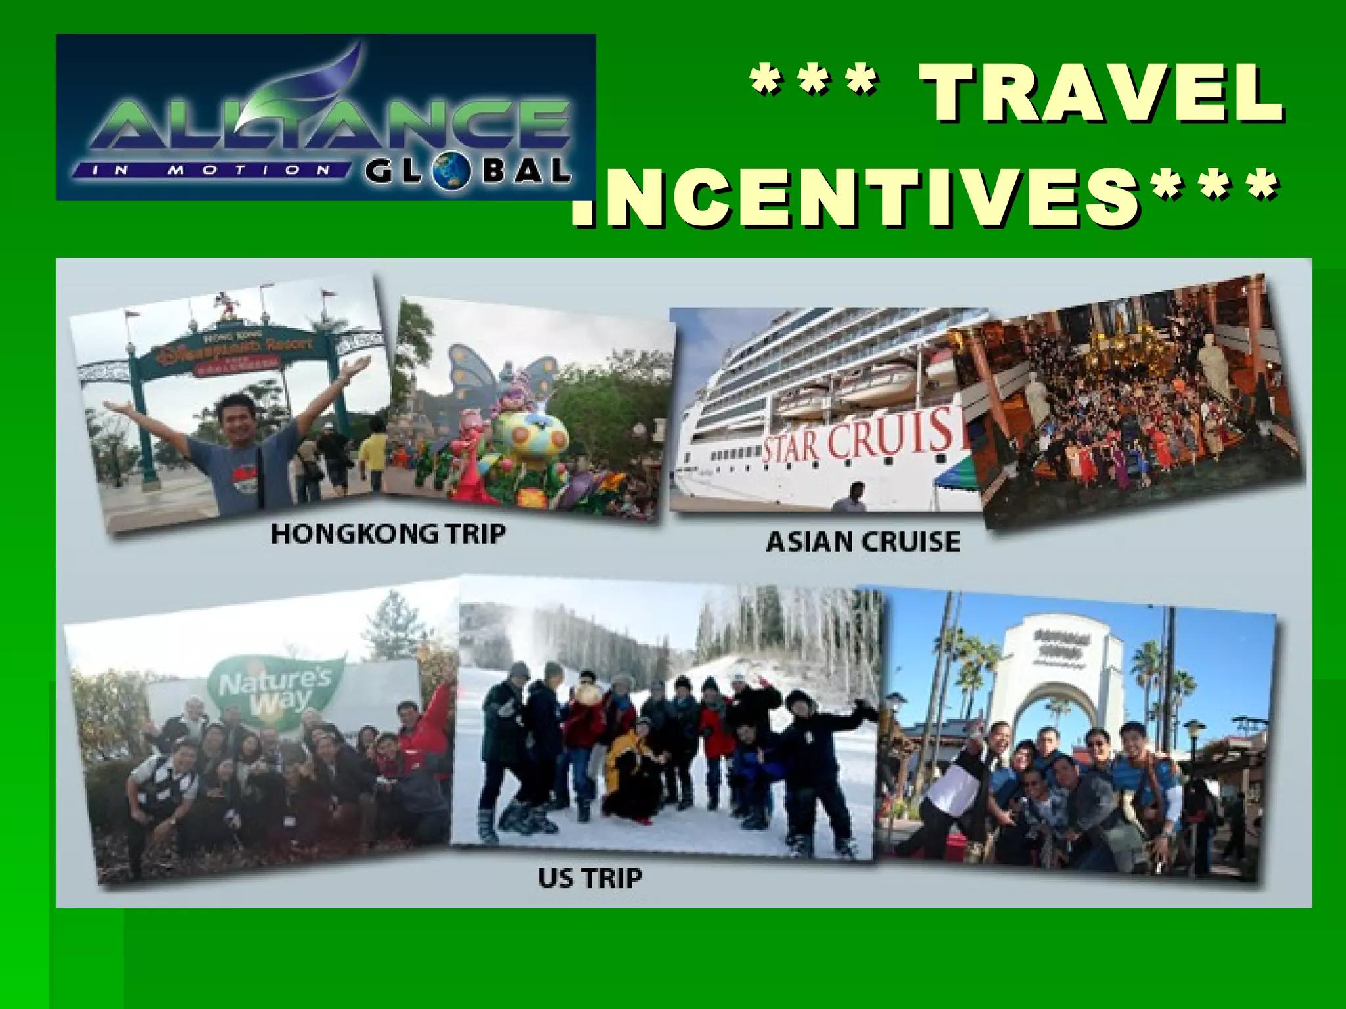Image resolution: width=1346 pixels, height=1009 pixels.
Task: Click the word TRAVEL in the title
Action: (1101, 93)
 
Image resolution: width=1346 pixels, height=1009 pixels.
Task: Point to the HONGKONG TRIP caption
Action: (388, 533)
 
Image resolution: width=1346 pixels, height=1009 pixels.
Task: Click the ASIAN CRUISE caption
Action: (863, 543)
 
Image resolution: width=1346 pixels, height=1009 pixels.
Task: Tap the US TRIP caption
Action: (590, 878)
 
